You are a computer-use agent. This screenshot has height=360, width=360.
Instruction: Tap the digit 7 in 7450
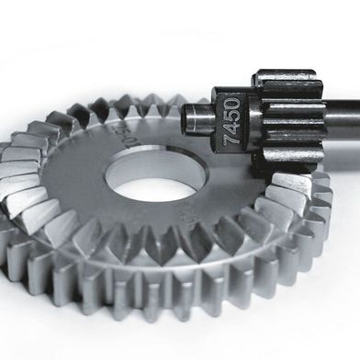click(233, 141)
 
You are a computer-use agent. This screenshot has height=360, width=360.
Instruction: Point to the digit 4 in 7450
click(233, 128)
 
